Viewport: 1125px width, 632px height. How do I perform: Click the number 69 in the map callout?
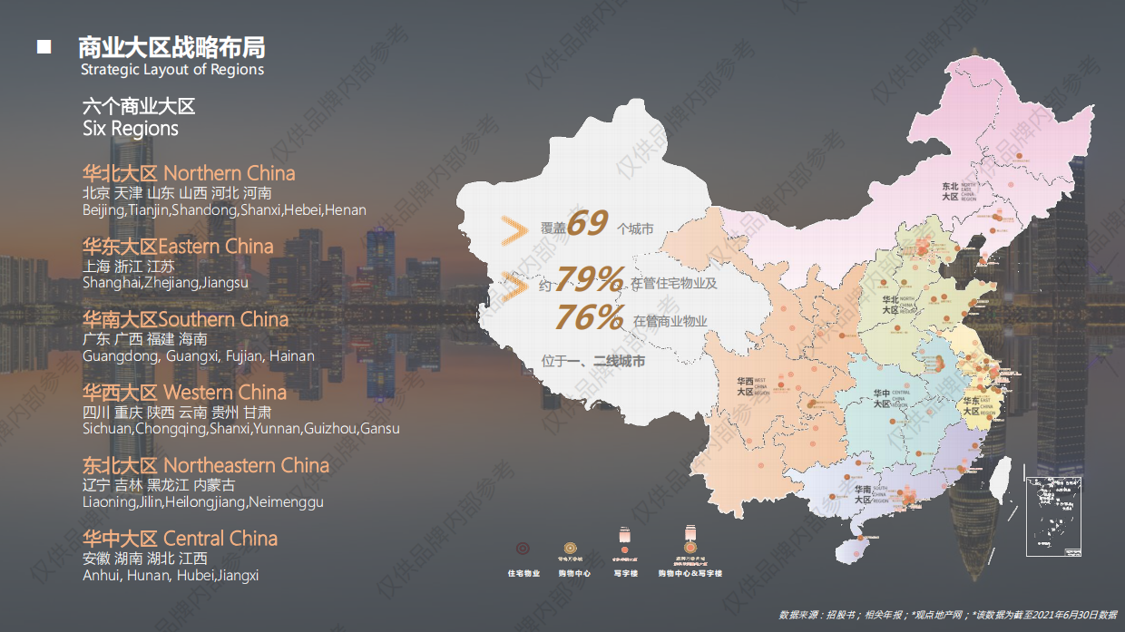pyautogui.click(x=586, y=224)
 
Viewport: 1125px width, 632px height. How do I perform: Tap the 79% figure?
pyautogui.click(x=590, y=277)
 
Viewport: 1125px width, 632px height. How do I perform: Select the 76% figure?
pyautogui.click(x=590, y=316)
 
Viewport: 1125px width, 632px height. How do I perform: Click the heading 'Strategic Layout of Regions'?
pyautogui.click(x=172, y=70)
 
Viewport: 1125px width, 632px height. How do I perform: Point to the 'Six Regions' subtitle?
pyautogui.click(x=131, y=129)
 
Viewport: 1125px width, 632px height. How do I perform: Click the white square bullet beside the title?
pyautogui.click(x=44, y=46)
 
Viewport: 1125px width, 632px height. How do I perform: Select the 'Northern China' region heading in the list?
pyautogui.click(x=230, y=173)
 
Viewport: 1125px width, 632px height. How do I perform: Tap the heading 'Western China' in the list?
pyautogui.click(x=225, y=393)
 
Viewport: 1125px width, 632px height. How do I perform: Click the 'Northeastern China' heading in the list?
pyautogui.click(x=246, y=465)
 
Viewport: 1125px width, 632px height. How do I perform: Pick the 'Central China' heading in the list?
pyautogui.click(x=220, y=539)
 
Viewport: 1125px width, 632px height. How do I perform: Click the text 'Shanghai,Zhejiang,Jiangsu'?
pyautogui.click(x=165, y=283)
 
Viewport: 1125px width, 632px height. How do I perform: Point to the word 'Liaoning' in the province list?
pyautogui.click(x=108, y=502)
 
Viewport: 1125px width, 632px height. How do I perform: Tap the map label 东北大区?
pyautogui.click(x=950, y=190)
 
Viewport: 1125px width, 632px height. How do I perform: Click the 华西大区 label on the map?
pyautogui.click(x=745, y=387)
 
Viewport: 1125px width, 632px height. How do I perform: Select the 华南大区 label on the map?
pyautogui.click(x=862, y=494)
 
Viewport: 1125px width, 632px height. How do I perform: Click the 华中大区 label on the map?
pyautogui.click(x=881, y=399)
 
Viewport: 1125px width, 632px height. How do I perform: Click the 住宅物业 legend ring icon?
pyautogui.click(x=523, y=549)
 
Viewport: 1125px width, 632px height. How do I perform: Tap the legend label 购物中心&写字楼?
pyautogui.click(x=690, y=573)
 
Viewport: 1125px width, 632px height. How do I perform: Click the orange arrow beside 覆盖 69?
pyautogui.click(x=514, y=231)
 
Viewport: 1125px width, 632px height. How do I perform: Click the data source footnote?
pyautogui.click(x=947, y=614)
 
